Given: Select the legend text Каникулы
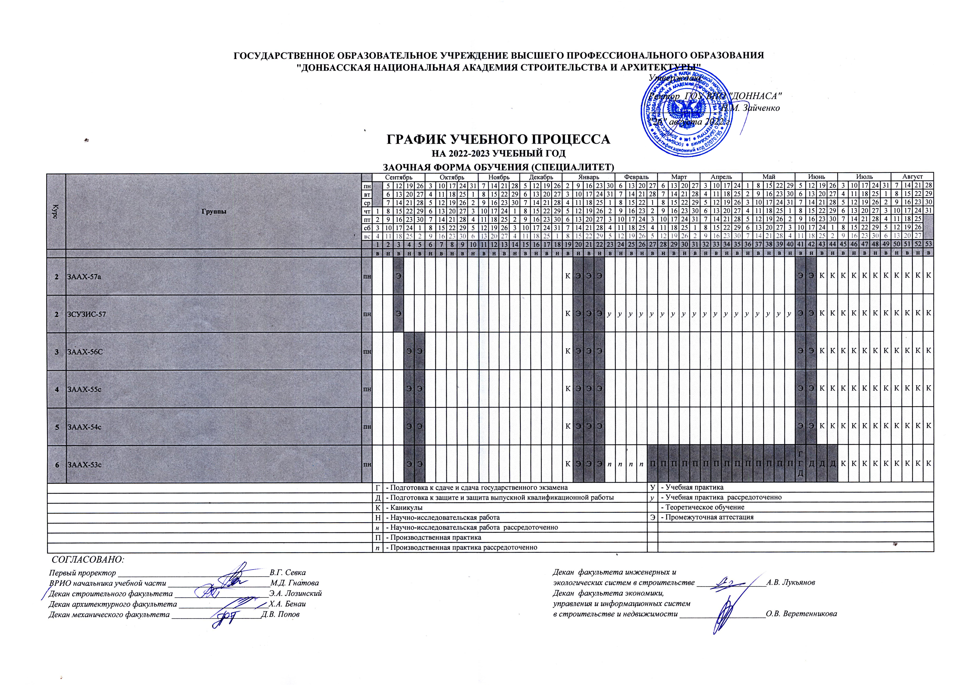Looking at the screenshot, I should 405,508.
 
